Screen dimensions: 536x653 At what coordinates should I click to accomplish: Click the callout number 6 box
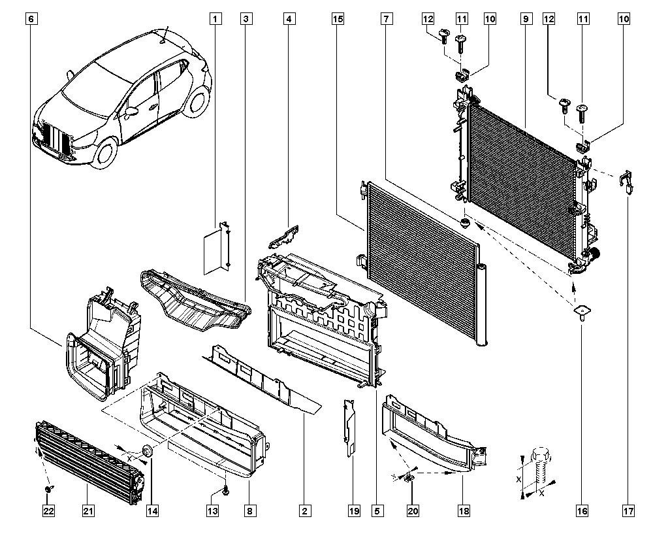(x=31, y=19)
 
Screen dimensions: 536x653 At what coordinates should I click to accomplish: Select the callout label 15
(x=338, y=19)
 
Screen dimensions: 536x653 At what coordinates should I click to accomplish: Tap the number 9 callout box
(x=525, y=19)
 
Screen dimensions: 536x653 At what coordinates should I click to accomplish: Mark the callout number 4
(x=288, y=19)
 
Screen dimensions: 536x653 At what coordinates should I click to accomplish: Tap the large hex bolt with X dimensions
(x=541, y=467)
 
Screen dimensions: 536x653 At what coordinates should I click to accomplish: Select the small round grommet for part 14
(x=147, y=450)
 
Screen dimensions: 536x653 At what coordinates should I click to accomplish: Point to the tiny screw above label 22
(x=48, y=488)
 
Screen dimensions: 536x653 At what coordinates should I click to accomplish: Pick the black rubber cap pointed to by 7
(x=465, y=224)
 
